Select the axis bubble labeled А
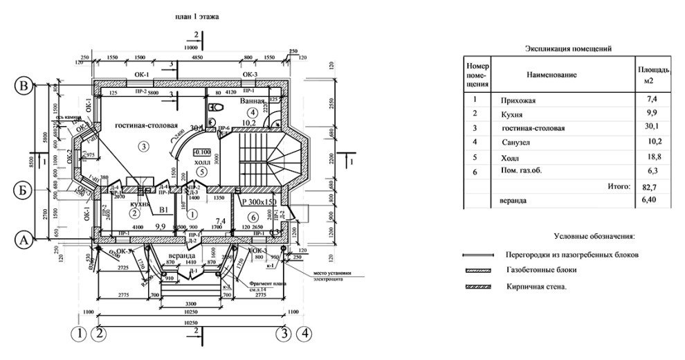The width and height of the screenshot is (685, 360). pyautogui.click(x=24, y=240)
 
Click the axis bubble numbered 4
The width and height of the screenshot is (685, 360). pyautogui.click(x=302, y=334)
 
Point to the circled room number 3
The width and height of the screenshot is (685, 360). pyautogui.click(x=144, y=146)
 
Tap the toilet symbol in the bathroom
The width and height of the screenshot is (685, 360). pyautogui.click(x=215, y=107)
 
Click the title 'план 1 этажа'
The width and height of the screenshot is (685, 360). pyautogui.click(x=197, y=15)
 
